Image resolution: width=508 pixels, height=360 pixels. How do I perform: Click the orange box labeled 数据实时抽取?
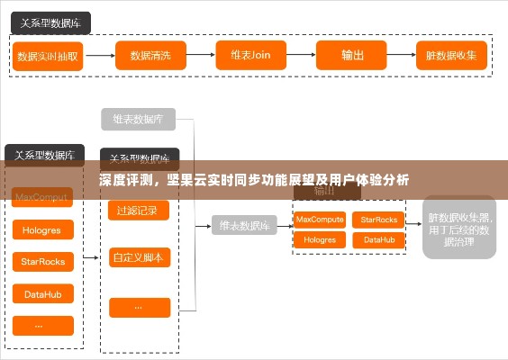pyautogui.click(x=48, y=55)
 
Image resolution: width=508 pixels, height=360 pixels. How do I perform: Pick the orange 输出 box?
pyautogui.click(x=352, y=55)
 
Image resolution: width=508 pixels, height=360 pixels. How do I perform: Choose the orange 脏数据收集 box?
pyautogui.click(x=450, y=55)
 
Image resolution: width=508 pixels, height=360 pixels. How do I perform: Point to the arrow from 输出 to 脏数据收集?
pyautogui.click(x=402, y=55)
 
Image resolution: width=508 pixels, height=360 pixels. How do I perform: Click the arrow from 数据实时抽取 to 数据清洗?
pyautogui.click(x=100, y=55)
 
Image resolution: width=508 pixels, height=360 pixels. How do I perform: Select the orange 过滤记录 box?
pyautogui.click(x=139, y=211)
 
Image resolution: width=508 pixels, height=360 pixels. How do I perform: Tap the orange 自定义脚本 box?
pyautogui.click(x=139, y=258)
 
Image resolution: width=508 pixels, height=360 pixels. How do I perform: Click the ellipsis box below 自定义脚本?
pyautogui.click(x=139, y=307)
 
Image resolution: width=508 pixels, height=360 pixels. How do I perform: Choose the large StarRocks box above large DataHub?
pyautogui.click(x=42, y=262)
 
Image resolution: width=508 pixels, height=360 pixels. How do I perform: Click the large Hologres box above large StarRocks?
pyautogui.click(x=42, y=230)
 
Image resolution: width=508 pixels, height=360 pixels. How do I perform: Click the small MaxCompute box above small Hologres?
pyautogui.click(x=320, y=219)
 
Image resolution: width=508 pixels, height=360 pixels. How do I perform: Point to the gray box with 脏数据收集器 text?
pyautogui.click(x=458, y=229)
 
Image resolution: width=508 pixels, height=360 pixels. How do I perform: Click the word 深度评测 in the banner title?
pyautogui.click(x=124, y=180)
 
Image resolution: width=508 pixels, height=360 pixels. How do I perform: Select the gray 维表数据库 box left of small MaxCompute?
pyautogui.click(x=244, y=226)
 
